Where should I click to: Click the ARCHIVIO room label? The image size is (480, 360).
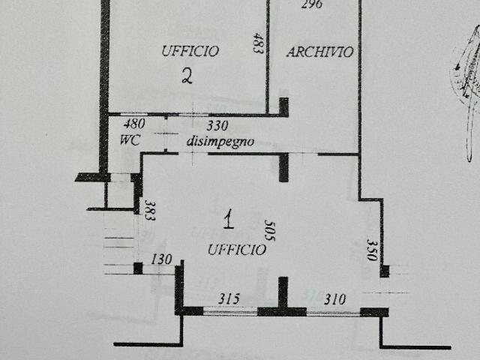click(x=319, y=52)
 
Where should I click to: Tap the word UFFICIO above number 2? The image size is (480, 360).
click(x=190, y=51)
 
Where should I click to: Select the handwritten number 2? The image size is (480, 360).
click(x=188, y=75)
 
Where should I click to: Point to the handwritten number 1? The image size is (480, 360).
click(x=229, y=219)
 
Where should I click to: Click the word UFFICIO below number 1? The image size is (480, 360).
click(x=236, y=250)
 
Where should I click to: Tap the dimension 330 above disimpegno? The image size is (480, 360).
click(x=217, y=125)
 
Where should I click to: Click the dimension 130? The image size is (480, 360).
click(x=161, y=259)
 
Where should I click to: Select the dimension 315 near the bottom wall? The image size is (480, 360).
click(x=228, y=299)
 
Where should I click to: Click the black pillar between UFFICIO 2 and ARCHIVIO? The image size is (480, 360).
click(x=283, y=107)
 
